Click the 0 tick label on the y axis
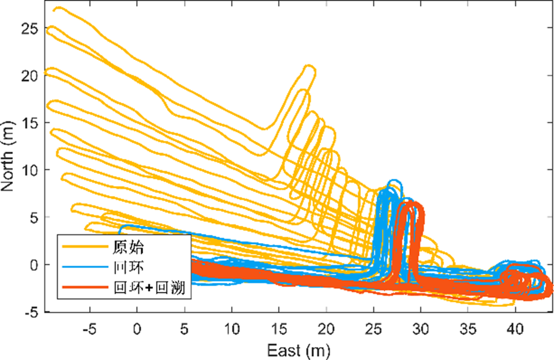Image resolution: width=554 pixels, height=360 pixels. click(x=35, y=265)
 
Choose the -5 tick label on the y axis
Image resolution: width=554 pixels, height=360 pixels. click(x=32, y=312)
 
